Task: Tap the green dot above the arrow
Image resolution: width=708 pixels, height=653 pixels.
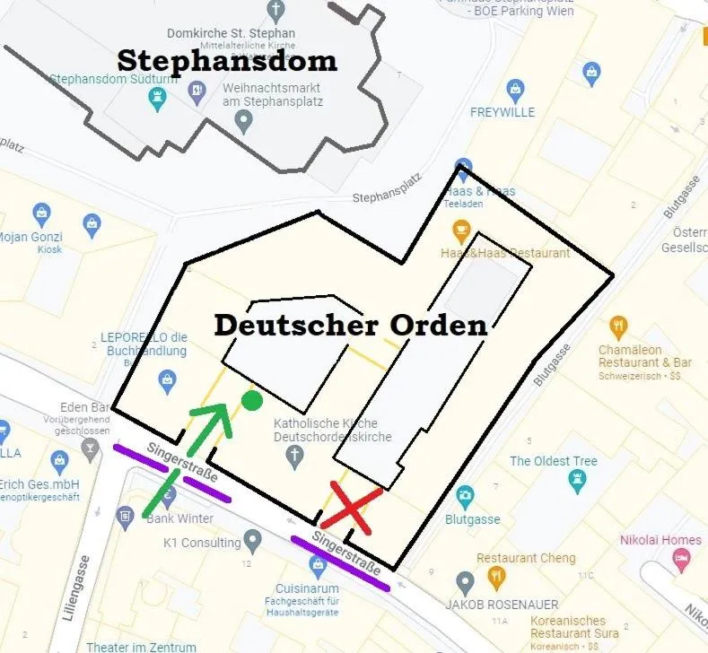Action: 252,400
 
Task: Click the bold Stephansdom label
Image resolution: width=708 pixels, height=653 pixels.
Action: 227,61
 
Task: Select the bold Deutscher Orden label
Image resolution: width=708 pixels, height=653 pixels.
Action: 350,325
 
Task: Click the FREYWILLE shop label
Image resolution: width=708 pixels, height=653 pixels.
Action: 503,112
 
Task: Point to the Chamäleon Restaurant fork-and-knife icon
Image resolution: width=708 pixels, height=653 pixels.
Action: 618,326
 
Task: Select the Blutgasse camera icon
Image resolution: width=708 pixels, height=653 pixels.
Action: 465,494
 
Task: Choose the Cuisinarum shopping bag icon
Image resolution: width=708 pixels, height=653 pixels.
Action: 317,565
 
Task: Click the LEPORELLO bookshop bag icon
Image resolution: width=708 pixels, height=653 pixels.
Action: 167,381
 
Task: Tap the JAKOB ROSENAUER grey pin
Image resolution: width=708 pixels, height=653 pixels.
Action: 465,584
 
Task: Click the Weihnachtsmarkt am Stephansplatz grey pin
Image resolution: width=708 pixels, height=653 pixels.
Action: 243,123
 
